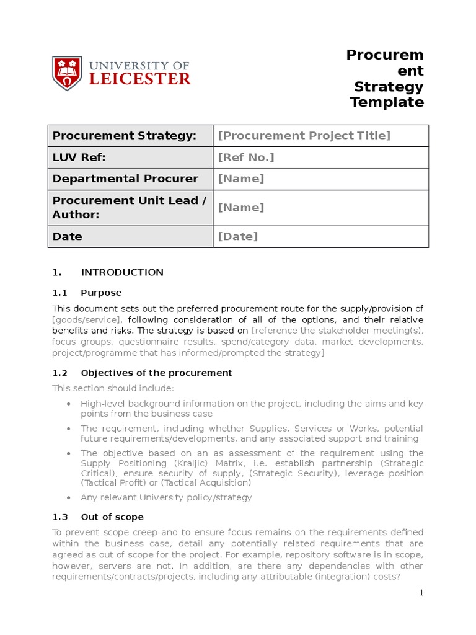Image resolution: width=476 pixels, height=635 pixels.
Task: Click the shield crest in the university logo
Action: click(66, 73)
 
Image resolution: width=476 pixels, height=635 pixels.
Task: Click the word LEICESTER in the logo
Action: click(141, 78)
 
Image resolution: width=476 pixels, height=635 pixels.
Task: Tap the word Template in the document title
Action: click(387, 102)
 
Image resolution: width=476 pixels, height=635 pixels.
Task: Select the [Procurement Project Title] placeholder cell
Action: click(304, 136)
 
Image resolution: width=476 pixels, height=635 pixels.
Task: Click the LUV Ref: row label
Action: click(79, 158)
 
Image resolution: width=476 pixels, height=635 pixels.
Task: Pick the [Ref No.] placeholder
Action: click(246, 158)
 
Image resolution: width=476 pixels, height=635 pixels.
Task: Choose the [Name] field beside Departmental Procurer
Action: click(241, 179)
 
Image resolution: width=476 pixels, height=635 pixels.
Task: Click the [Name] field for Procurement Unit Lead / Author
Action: click(241, 207)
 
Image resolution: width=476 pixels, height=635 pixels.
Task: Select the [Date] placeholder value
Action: click(238, 236)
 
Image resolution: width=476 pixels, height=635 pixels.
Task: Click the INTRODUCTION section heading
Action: click(122, 272)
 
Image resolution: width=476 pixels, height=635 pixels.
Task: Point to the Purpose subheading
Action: click(101, 293)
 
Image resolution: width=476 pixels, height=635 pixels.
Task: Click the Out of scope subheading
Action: click(112, 517)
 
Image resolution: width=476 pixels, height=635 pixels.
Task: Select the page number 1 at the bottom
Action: click(421, 593)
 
